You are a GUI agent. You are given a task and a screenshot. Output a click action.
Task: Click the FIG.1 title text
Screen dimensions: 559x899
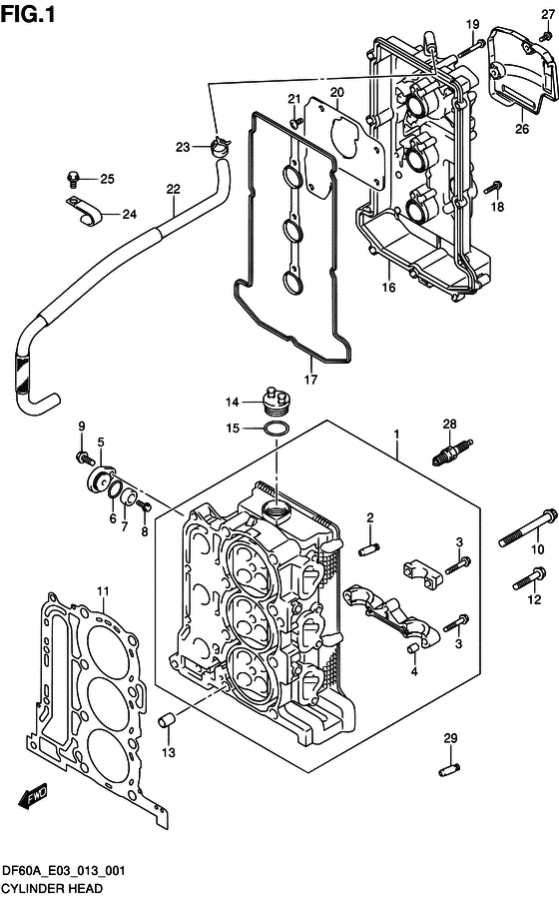pos(28,14)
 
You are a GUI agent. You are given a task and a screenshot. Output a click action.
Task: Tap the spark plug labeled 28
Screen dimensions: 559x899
pos(452,451)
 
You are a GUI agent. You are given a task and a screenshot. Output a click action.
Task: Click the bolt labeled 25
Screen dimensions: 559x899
pos(74,179)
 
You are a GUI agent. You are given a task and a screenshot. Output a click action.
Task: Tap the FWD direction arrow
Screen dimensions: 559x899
pos(33,798)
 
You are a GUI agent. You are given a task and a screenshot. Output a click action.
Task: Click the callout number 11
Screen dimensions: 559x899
pos(103,591)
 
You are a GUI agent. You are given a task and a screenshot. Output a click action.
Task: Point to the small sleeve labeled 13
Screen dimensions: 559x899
pos(167,719)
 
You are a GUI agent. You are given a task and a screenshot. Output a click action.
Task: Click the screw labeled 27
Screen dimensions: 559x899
pos(544,37)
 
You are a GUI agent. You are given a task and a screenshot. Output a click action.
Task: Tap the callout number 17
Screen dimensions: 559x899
pos(310,379)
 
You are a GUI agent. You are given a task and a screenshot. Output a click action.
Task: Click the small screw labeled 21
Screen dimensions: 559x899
pos(296,122)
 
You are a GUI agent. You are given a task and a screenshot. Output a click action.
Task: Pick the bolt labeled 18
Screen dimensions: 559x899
pos(493,187)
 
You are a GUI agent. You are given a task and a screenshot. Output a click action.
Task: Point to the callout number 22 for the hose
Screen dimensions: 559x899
pos(173,189)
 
